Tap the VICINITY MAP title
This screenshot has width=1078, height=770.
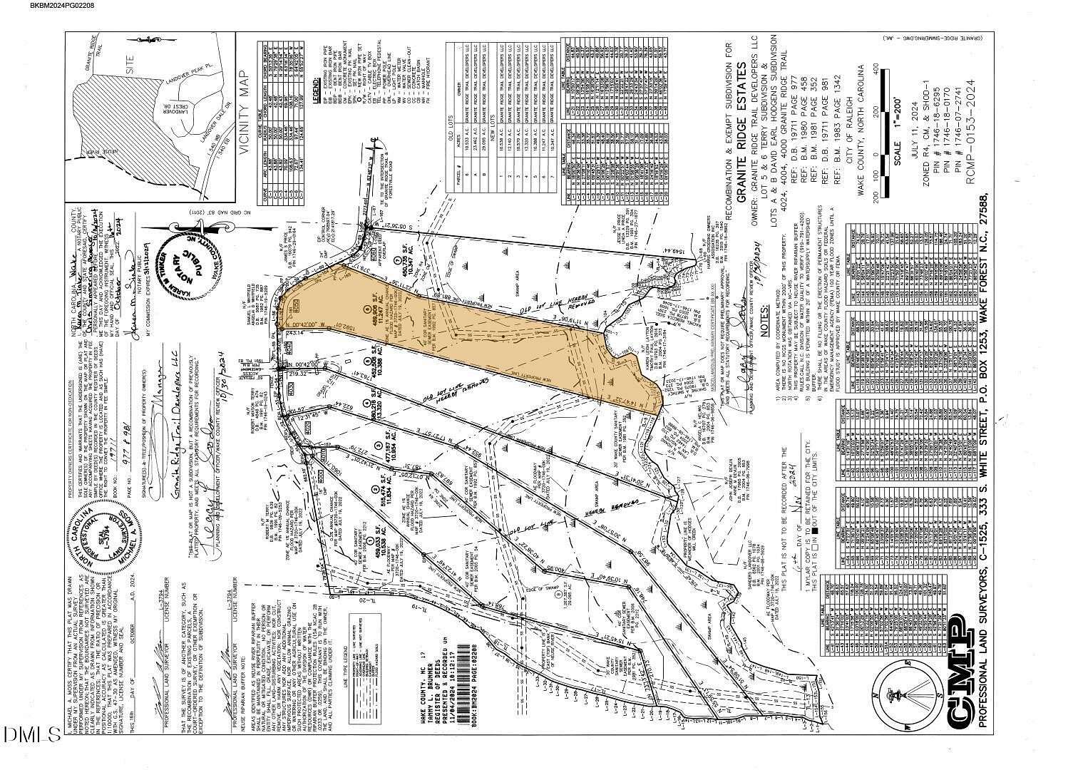pyautogui.click(x=246, y=115)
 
